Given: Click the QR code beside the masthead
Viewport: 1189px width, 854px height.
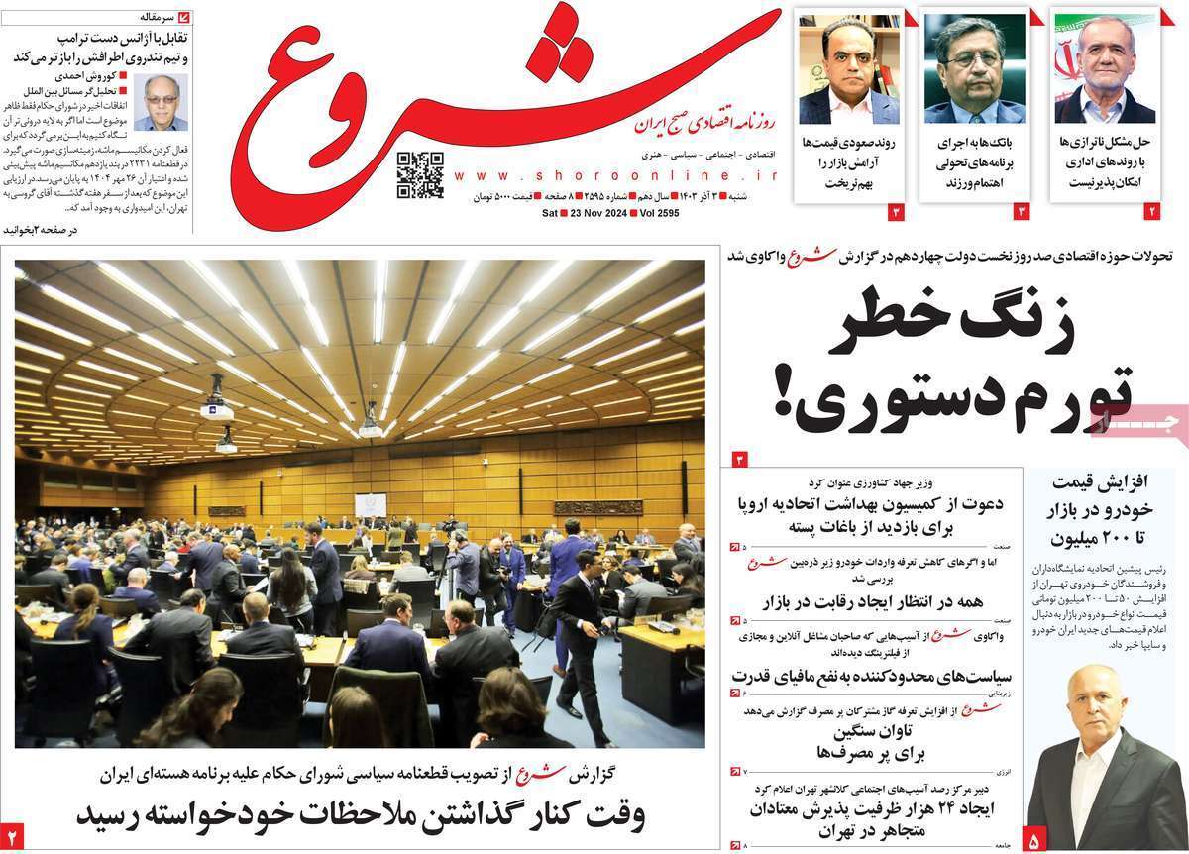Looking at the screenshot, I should [x=420, y=175].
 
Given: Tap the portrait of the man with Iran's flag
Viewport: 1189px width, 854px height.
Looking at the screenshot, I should [x=1104, y=68].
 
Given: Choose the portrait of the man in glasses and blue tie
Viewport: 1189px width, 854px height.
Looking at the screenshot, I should [x=974, y=68].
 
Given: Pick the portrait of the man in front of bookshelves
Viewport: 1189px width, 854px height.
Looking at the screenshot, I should [x=849, y=68].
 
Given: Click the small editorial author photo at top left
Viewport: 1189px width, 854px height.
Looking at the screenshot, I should [x=161, y=102].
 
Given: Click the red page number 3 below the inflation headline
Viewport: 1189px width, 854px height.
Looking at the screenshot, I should [x=738, y=459].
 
